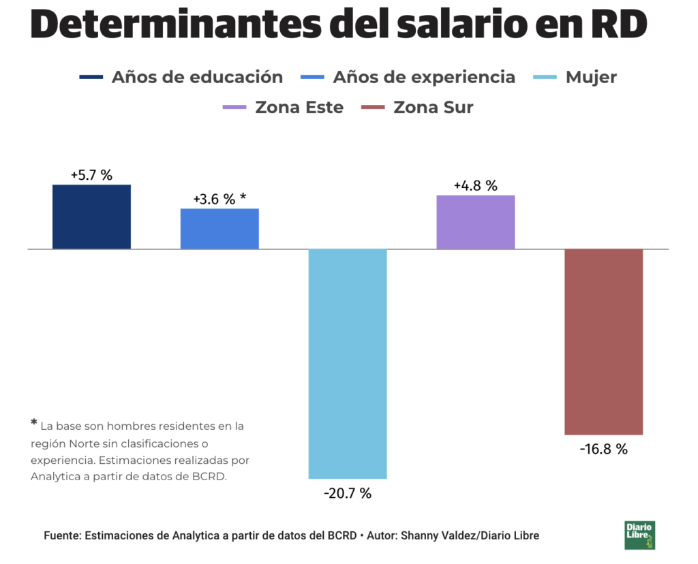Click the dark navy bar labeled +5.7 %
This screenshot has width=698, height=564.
pyautogui.click(x=91, y=217)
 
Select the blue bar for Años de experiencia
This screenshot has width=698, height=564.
pyautogui.click(x=219, y=229)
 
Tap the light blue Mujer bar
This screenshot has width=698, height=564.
pyautogui.click(x=348, y=364)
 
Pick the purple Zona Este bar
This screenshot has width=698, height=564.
pyautogui.click(x=475, y=222)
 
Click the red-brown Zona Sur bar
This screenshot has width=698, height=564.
pyautogui.click(x=603, y=342)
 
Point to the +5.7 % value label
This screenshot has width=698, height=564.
pyautogui.click(x=91, y=175)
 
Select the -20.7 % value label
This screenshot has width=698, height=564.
pyautogui.click(x=348, y=493)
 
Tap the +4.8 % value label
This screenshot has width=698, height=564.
pyautogui.click(x=475, y=185)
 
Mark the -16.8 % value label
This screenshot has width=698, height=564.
pyautogui.click(x=603, y=449)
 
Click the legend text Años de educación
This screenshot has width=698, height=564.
pyautogui.click(x=197, y=77)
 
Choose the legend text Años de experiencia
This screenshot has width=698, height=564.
pyautogui.click(x=424, y=77)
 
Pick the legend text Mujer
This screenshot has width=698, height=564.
pyautogui.click(x=591, y=77)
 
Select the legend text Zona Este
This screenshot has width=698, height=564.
pyautogui.click(x=299, y=107)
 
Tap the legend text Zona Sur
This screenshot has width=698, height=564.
pyautogui.click(x=433, y=107)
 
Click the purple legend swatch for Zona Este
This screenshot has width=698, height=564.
pyautogui.click(x=234, y=107)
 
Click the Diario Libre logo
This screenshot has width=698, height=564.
pyautogui.click(x=639, y=535)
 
